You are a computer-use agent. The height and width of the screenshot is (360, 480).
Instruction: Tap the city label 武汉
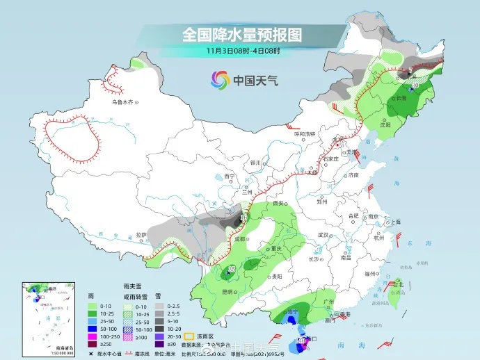click(322, 235)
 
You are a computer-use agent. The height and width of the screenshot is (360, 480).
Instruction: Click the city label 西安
click(280, 203)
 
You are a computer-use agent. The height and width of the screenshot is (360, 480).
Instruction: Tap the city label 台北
click(397, 284)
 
